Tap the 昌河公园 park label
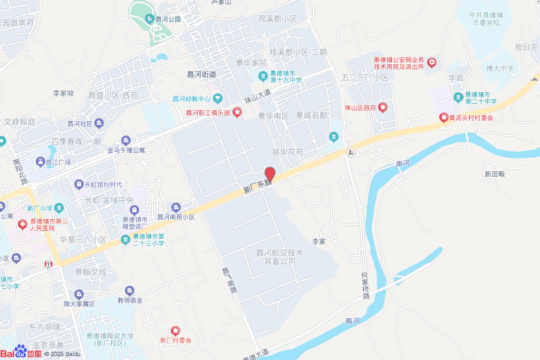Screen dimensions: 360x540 (x=168, y=20)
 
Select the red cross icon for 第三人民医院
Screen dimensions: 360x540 (x=22, y=225)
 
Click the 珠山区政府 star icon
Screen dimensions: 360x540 (x=383, y=108)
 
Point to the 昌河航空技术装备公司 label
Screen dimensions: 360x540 (x=279, y=257)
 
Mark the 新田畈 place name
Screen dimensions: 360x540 (x=495, y=174)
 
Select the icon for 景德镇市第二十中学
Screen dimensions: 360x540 (x=458, y=98)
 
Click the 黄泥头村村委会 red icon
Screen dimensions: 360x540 (x=444, y=118)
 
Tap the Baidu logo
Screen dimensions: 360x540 (x=21, y=352)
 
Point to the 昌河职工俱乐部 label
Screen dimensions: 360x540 (x=207, y=112)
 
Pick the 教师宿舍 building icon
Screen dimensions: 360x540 (x=130, y=290)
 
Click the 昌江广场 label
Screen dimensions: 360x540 (x=58, y=162)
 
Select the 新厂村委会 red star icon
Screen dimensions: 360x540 (x=175, y=330)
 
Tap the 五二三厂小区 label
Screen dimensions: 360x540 (x=365, y=77)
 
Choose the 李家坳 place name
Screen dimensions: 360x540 (x=63, y=93)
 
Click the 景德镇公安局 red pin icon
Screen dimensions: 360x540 (x=432, y=63)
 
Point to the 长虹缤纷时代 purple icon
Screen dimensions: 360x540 (x=79, y=184)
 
